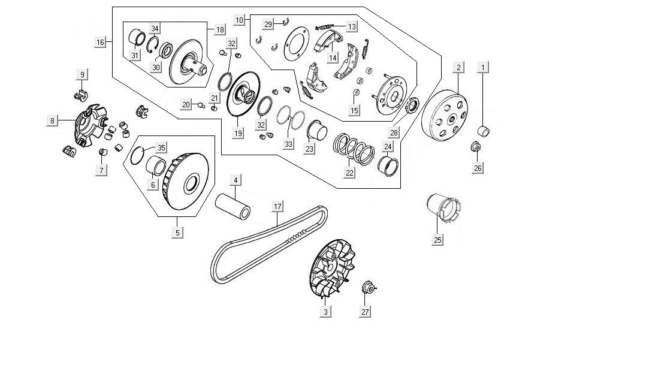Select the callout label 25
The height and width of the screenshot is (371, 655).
[438, 240]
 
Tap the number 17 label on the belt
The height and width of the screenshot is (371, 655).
[277, 207]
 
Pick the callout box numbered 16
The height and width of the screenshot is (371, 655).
[100, 42]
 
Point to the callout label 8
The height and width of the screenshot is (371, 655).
[53, 120]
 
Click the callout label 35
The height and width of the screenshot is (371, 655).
[161, 147]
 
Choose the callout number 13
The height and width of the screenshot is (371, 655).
[351, 26]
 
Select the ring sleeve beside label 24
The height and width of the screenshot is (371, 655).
[388, 165]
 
